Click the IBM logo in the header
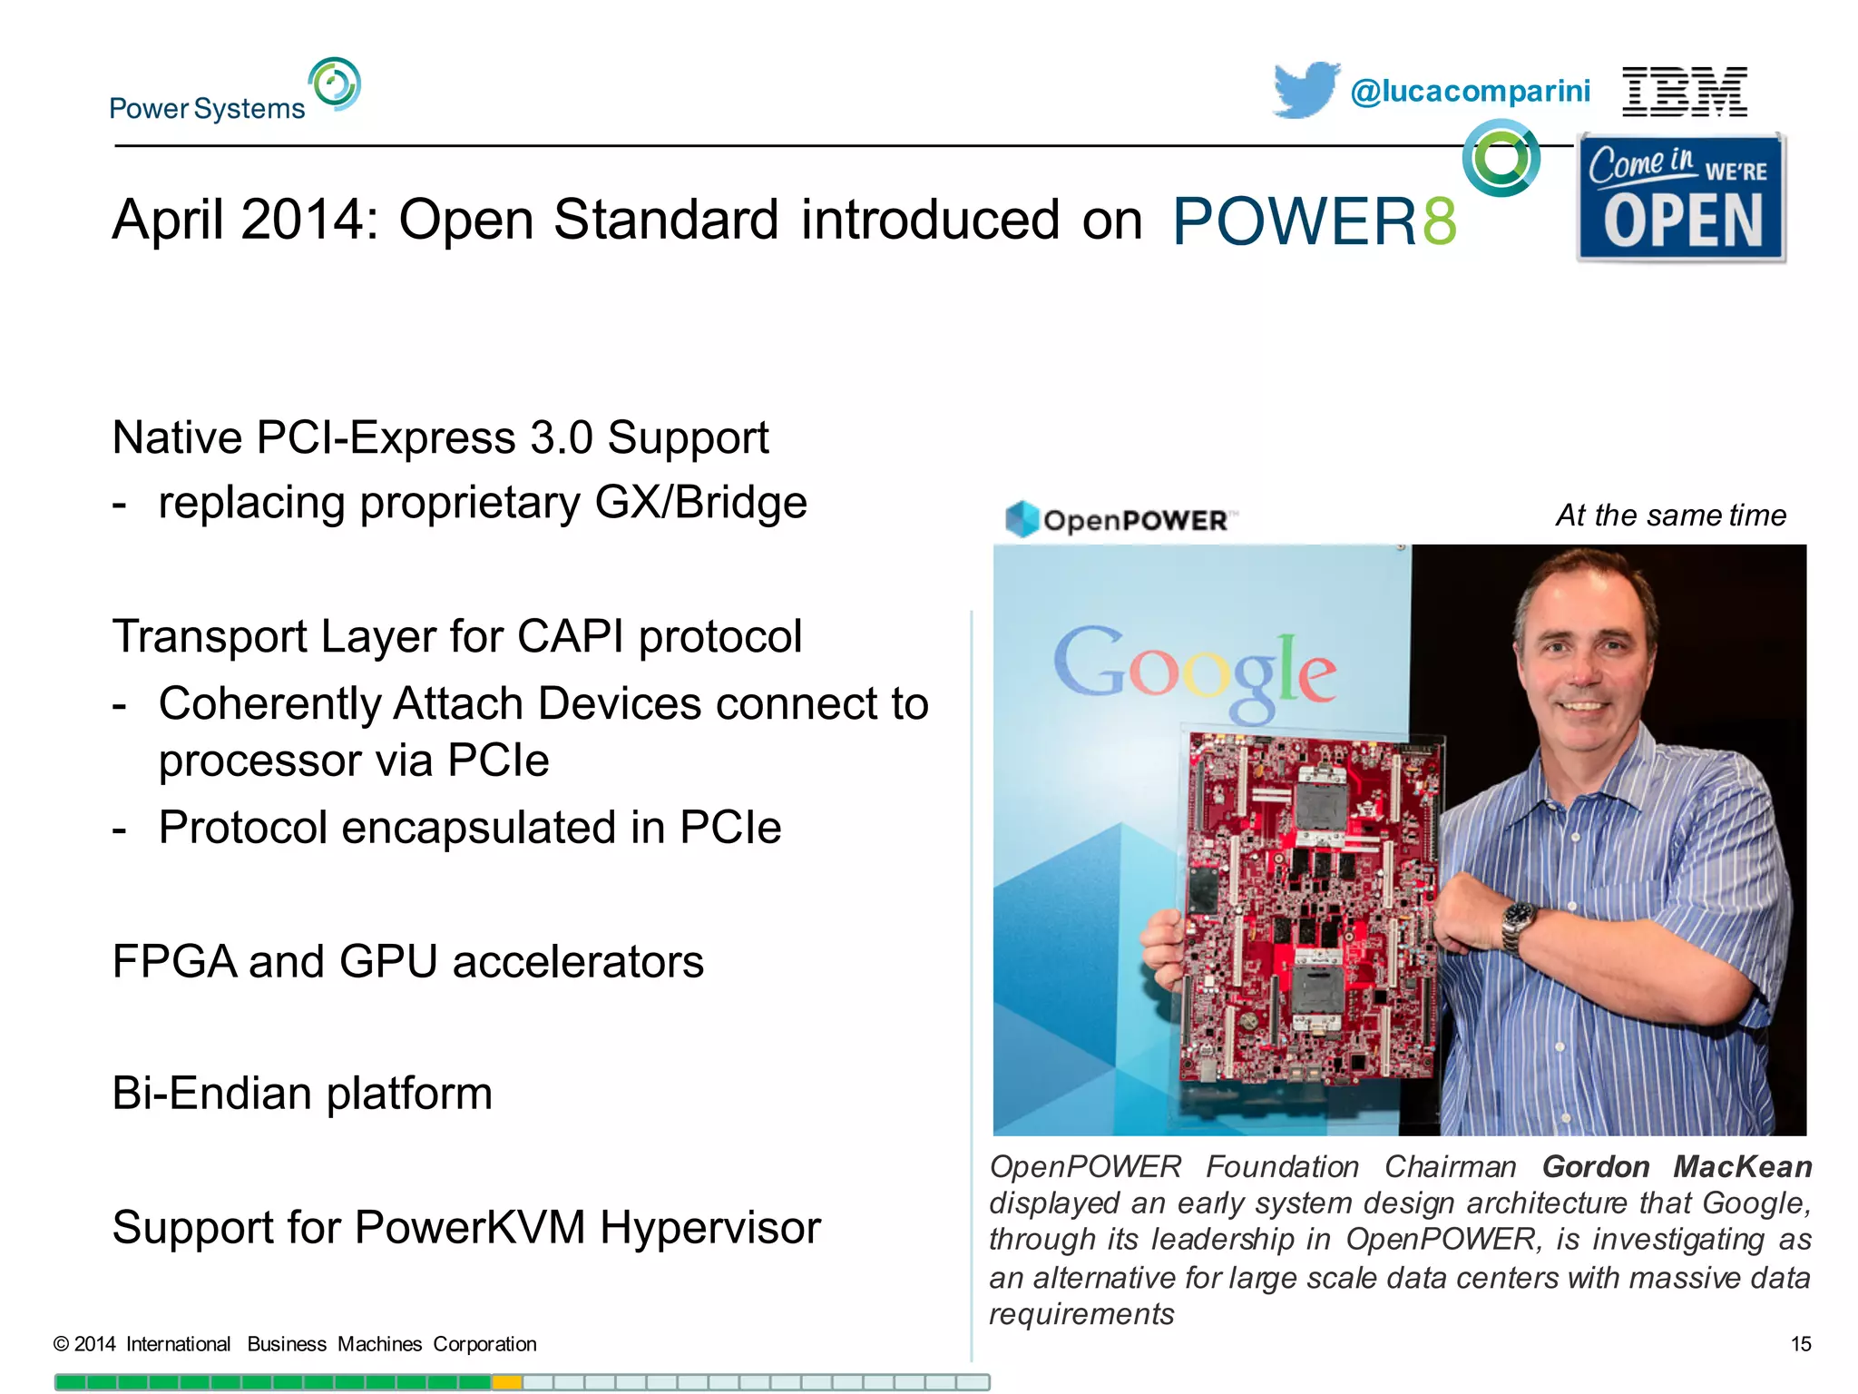[x=1684, y=92]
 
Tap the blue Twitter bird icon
[x=1305, y=89]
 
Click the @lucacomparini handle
[x=1470, y=92]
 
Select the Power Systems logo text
[x=207, y=109]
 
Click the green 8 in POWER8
[x=1440, y=221]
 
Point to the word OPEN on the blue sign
[x=1683, y=222]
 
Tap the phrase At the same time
[x=1670, y=515]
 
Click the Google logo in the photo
[x=1194, y=670]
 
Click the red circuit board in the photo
[x=1311, y=908]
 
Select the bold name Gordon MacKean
[x=1677, y=1166]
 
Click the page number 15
[x=1800, y=1344]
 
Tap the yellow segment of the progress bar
[x=507, y=1382]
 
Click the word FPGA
[x=172, y=962]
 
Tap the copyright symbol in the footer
[x=61, y=1344]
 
